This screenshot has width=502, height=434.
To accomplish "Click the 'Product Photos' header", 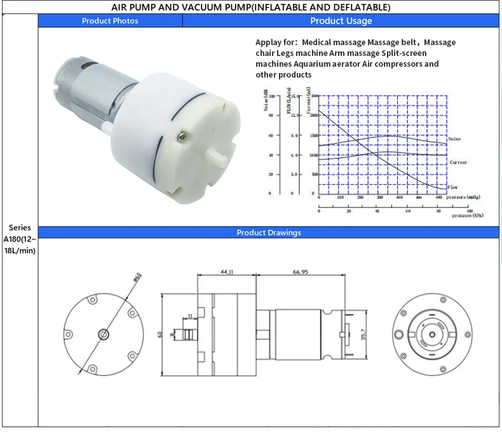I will tap(110, 21).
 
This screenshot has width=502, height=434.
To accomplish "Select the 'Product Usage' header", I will tap(341, 21).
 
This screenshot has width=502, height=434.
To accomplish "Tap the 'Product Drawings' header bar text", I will tap(269, 233).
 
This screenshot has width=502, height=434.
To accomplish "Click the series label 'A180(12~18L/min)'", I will tap(20, 239).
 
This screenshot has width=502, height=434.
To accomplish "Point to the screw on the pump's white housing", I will tap(183, 134).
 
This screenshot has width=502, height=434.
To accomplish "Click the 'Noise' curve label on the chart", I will tap(454, 139).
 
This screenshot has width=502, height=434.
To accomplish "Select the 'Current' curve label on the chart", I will tap(458, 163).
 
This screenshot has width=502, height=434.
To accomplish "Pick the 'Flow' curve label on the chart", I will tap(452, 187).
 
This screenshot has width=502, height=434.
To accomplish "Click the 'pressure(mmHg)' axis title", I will tap(467, 197).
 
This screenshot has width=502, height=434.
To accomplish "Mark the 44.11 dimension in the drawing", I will tap(226, 271).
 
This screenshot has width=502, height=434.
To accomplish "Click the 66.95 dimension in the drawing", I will tap(301, 271).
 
